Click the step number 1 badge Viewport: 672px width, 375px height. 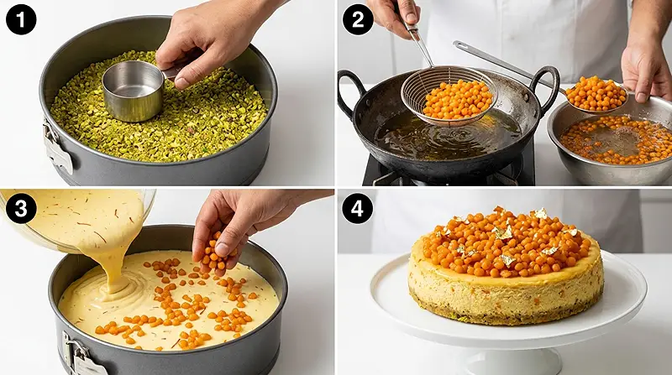click(x=19, y=19)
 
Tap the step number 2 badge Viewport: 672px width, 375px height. click(x=357, y=19)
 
